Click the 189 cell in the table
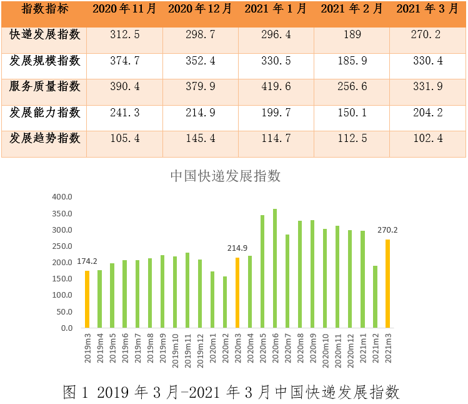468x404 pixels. [352, 34]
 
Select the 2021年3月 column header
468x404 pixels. [427, 9]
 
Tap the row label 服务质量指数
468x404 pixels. [45, 86]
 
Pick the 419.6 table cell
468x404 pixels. [276, 87]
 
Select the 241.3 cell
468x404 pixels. [124, 113]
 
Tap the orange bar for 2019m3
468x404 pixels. [87, 299]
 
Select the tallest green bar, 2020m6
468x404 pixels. [275, 268]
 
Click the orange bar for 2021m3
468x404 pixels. [387, 283]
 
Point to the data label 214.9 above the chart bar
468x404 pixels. [237, 248]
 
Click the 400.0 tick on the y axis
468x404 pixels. [62, 197]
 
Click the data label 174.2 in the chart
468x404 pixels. [87, 261]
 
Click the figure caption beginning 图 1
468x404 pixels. [232, 392]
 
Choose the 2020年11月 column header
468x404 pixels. [124, 9]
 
